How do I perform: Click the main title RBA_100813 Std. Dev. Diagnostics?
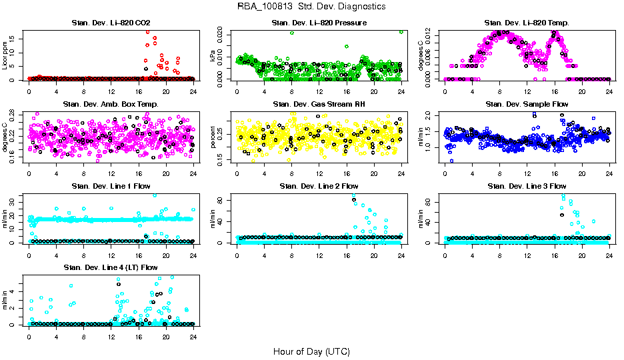pyautogui.click(x=311, y=7)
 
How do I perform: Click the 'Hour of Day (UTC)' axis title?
pyautogui.click(x=311, y=351)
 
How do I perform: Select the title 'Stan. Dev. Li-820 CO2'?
pyautogui.click(x=111, y=23)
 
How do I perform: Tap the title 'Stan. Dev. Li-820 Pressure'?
pyautogui.click(x=319, y=23)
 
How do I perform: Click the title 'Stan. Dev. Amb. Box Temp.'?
pyautogui.click(x=111, y=104)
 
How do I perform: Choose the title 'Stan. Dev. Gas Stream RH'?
pyautogui.click(x=319, y=104)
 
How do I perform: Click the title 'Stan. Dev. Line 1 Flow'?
pyautogui.click(x=111, y=186)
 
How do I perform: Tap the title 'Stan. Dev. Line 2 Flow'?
pyautogui.click(x=319, y=186)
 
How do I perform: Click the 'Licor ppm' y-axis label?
pyautogui.click(x=5, y=56)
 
